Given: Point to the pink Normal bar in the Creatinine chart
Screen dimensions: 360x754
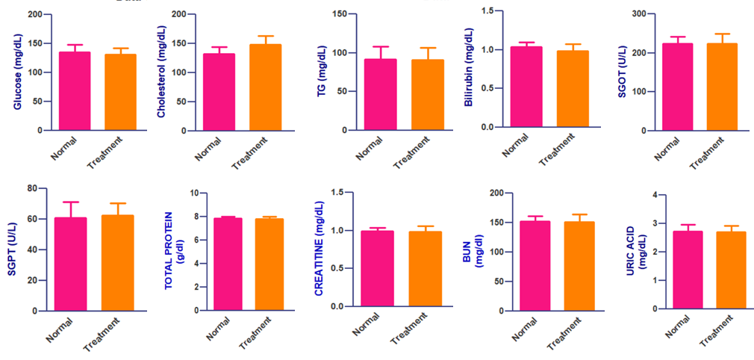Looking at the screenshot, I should pyautogui.click(x=378, y=269).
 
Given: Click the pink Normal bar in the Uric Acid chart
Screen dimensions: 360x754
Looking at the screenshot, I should pyautogui.click(x=688, y=270).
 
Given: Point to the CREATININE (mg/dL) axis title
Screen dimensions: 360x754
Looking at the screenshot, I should pyautogui.click(x=319, y=249).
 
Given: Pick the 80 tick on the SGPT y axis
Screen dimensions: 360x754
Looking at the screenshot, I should pyautogui.click(x=32, y=188).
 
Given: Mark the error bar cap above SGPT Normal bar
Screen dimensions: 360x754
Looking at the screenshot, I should pyautogui.click(x=69, y=202).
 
